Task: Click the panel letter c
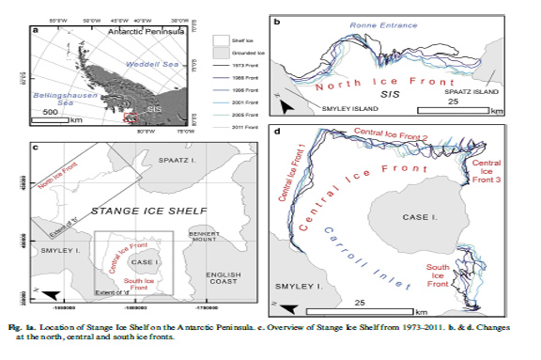click(36, 145)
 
